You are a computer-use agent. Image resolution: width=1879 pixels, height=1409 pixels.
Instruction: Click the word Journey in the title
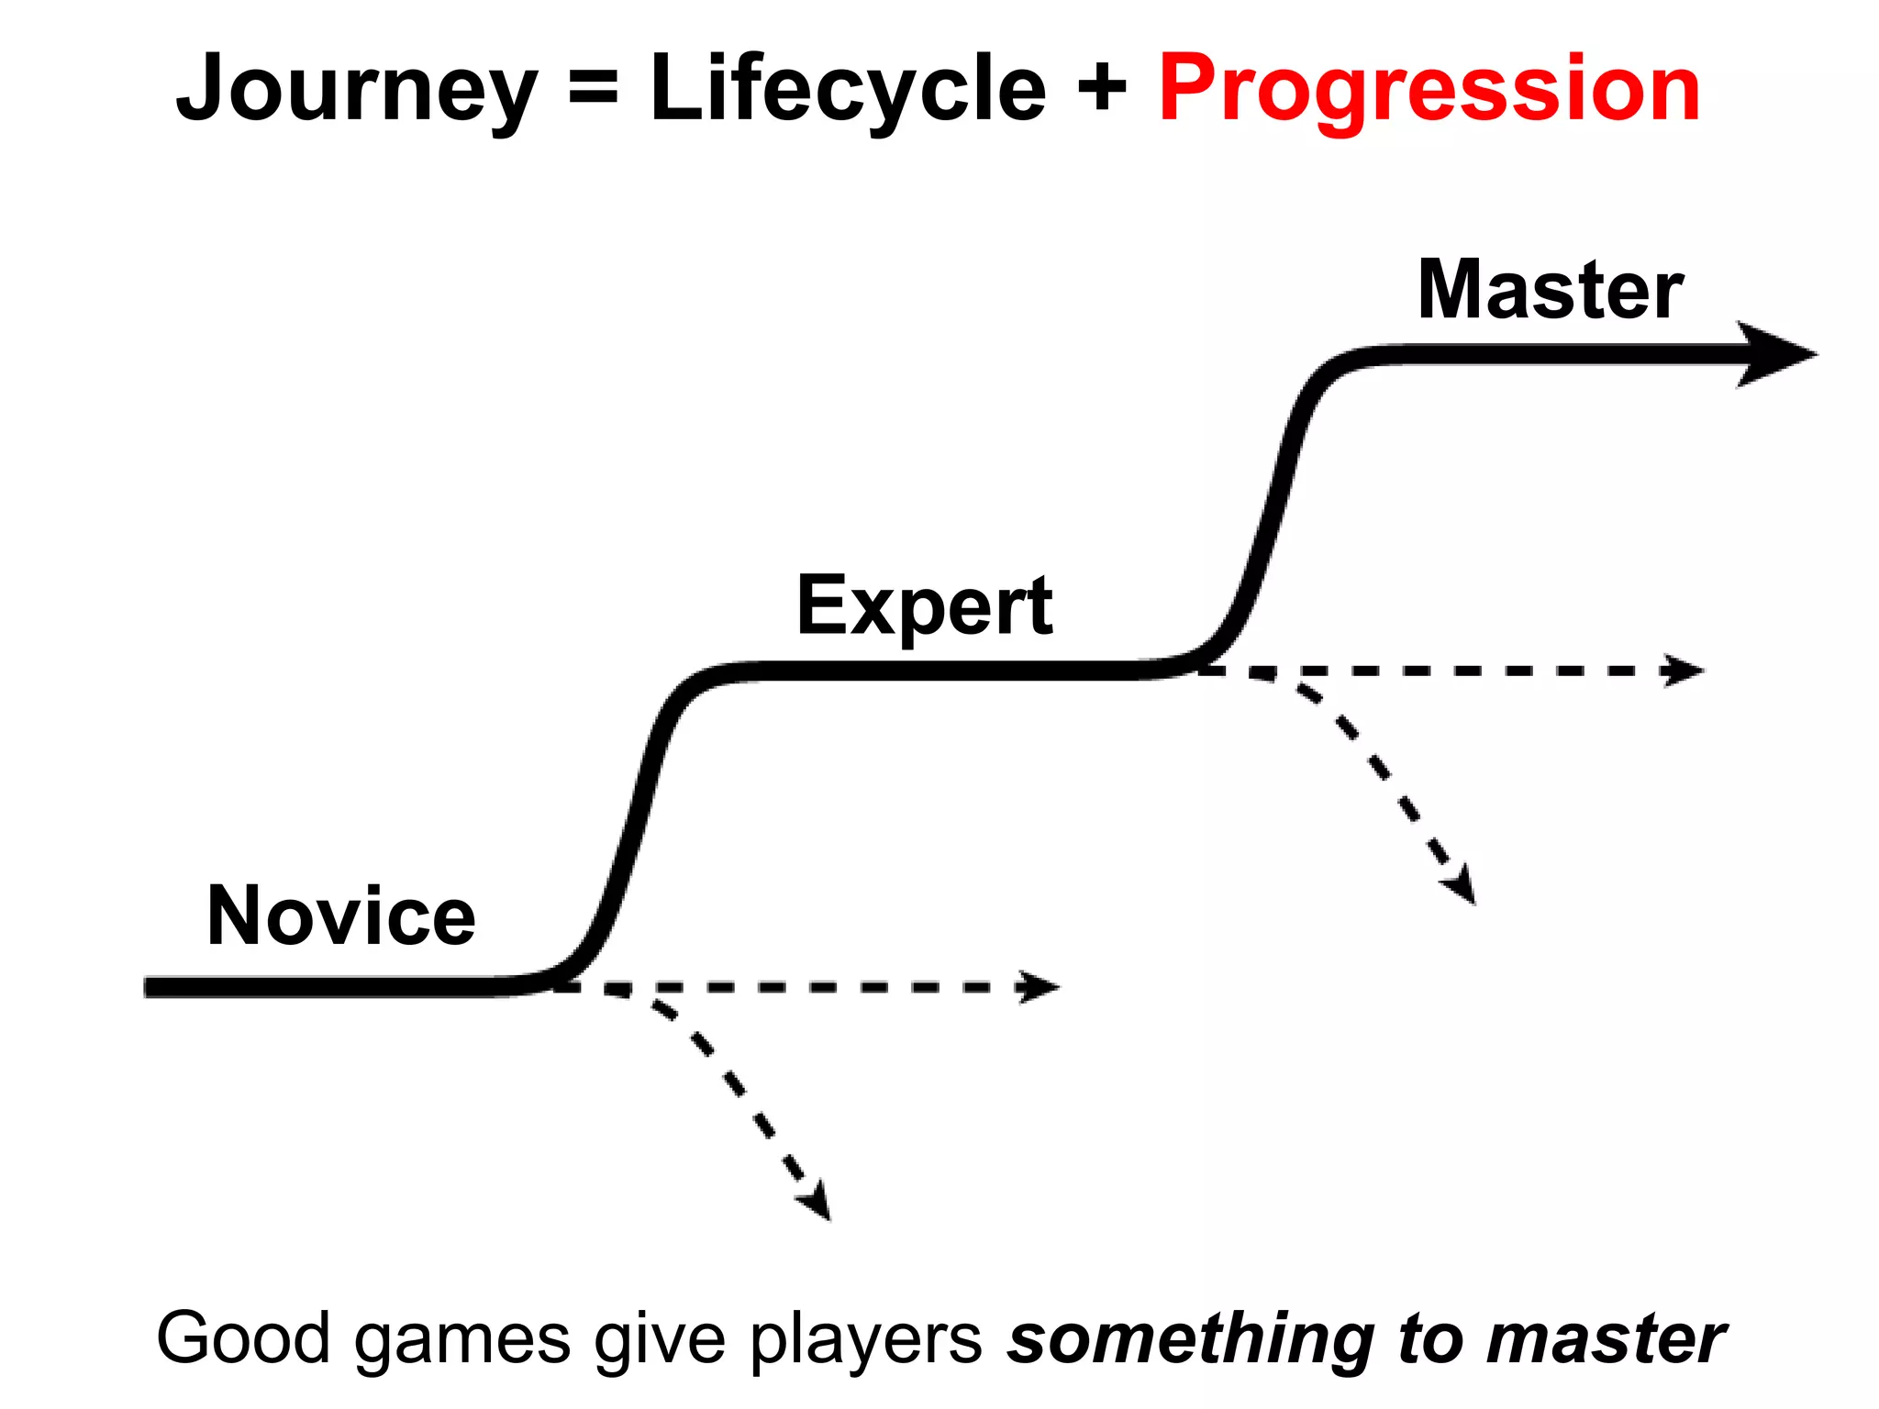pos(356,90)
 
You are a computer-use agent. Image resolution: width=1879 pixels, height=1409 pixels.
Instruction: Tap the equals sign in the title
pos(593,90)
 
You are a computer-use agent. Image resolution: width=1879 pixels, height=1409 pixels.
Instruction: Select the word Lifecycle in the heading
pos(848,90)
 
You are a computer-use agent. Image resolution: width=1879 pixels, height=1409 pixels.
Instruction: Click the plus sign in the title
pos(1102,90)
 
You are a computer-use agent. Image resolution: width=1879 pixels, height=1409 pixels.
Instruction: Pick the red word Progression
pos(1429,90)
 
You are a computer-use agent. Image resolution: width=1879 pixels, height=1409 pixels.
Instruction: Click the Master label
pos(1550,291)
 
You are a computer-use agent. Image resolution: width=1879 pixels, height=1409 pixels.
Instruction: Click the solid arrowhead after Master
pos(1775,354)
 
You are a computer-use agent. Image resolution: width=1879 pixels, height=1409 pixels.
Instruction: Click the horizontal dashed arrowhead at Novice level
pos(1040,987)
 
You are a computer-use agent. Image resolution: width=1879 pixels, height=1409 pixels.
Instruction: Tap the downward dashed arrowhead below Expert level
pos(1461,886)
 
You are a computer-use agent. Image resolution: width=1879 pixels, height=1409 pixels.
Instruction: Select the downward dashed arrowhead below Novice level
pos(816,1202)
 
